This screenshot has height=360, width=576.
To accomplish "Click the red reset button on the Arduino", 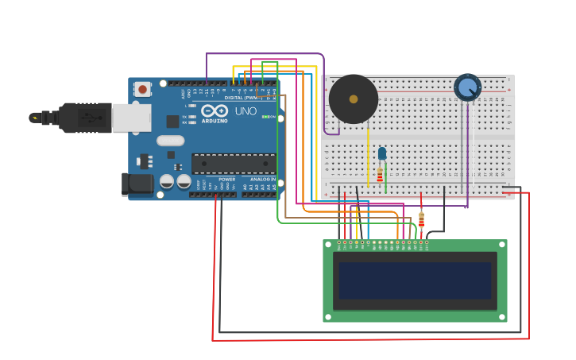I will pos(143,89).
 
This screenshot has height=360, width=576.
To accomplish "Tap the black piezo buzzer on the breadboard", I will pos(354,99).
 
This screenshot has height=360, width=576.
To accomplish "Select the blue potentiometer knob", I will pos(467,87).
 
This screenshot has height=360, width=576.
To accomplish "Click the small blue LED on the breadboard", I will pos(382,153).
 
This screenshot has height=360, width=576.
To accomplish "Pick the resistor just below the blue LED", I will pos(380,175).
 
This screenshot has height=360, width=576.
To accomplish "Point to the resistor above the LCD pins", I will pos(421,219).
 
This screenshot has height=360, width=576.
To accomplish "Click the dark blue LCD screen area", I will pos(415,281).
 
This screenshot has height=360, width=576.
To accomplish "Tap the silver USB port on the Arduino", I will pos(131,118).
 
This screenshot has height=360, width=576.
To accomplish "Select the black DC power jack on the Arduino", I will pos(137,184).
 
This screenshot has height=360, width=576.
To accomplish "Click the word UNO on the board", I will pos(246,111).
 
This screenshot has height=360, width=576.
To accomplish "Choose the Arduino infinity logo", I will pos(215,111).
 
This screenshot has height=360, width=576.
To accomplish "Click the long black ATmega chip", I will pos(234,163).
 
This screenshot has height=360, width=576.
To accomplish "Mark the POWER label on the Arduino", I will pos(227,180).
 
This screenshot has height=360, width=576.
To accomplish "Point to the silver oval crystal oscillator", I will pos(170,141).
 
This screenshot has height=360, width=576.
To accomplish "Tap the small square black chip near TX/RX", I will pos(172,121).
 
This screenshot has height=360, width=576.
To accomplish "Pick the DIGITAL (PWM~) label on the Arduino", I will pos(241,98).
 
